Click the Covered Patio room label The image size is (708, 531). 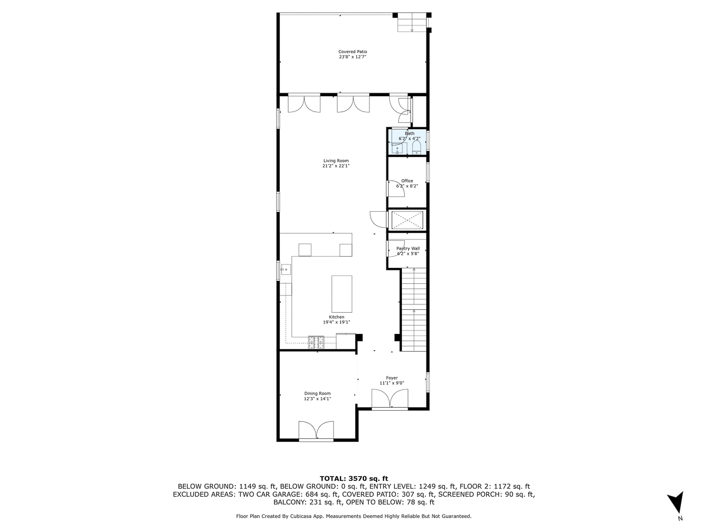tap(353, 52)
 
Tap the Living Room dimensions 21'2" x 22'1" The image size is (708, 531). tap(336, 166)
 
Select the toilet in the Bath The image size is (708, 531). tap(417, 147)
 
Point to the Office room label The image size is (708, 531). tap(407, 181)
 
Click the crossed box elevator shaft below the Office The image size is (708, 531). tap(408, 220)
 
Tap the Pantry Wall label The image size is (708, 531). tap(408, 248)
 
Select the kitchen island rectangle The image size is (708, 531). tap(342, 294)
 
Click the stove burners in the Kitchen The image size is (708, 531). tap(316, 341)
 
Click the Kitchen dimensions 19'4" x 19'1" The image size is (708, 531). tap(336, 323)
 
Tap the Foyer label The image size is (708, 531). tap(392, 378)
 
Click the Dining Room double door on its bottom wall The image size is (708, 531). tap(316, 431)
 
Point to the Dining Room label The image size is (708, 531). tap(317, 394)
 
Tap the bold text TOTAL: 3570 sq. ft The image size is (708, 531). tap(353, 478)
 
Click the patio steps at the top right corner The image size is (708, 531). tap(411, 22)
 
